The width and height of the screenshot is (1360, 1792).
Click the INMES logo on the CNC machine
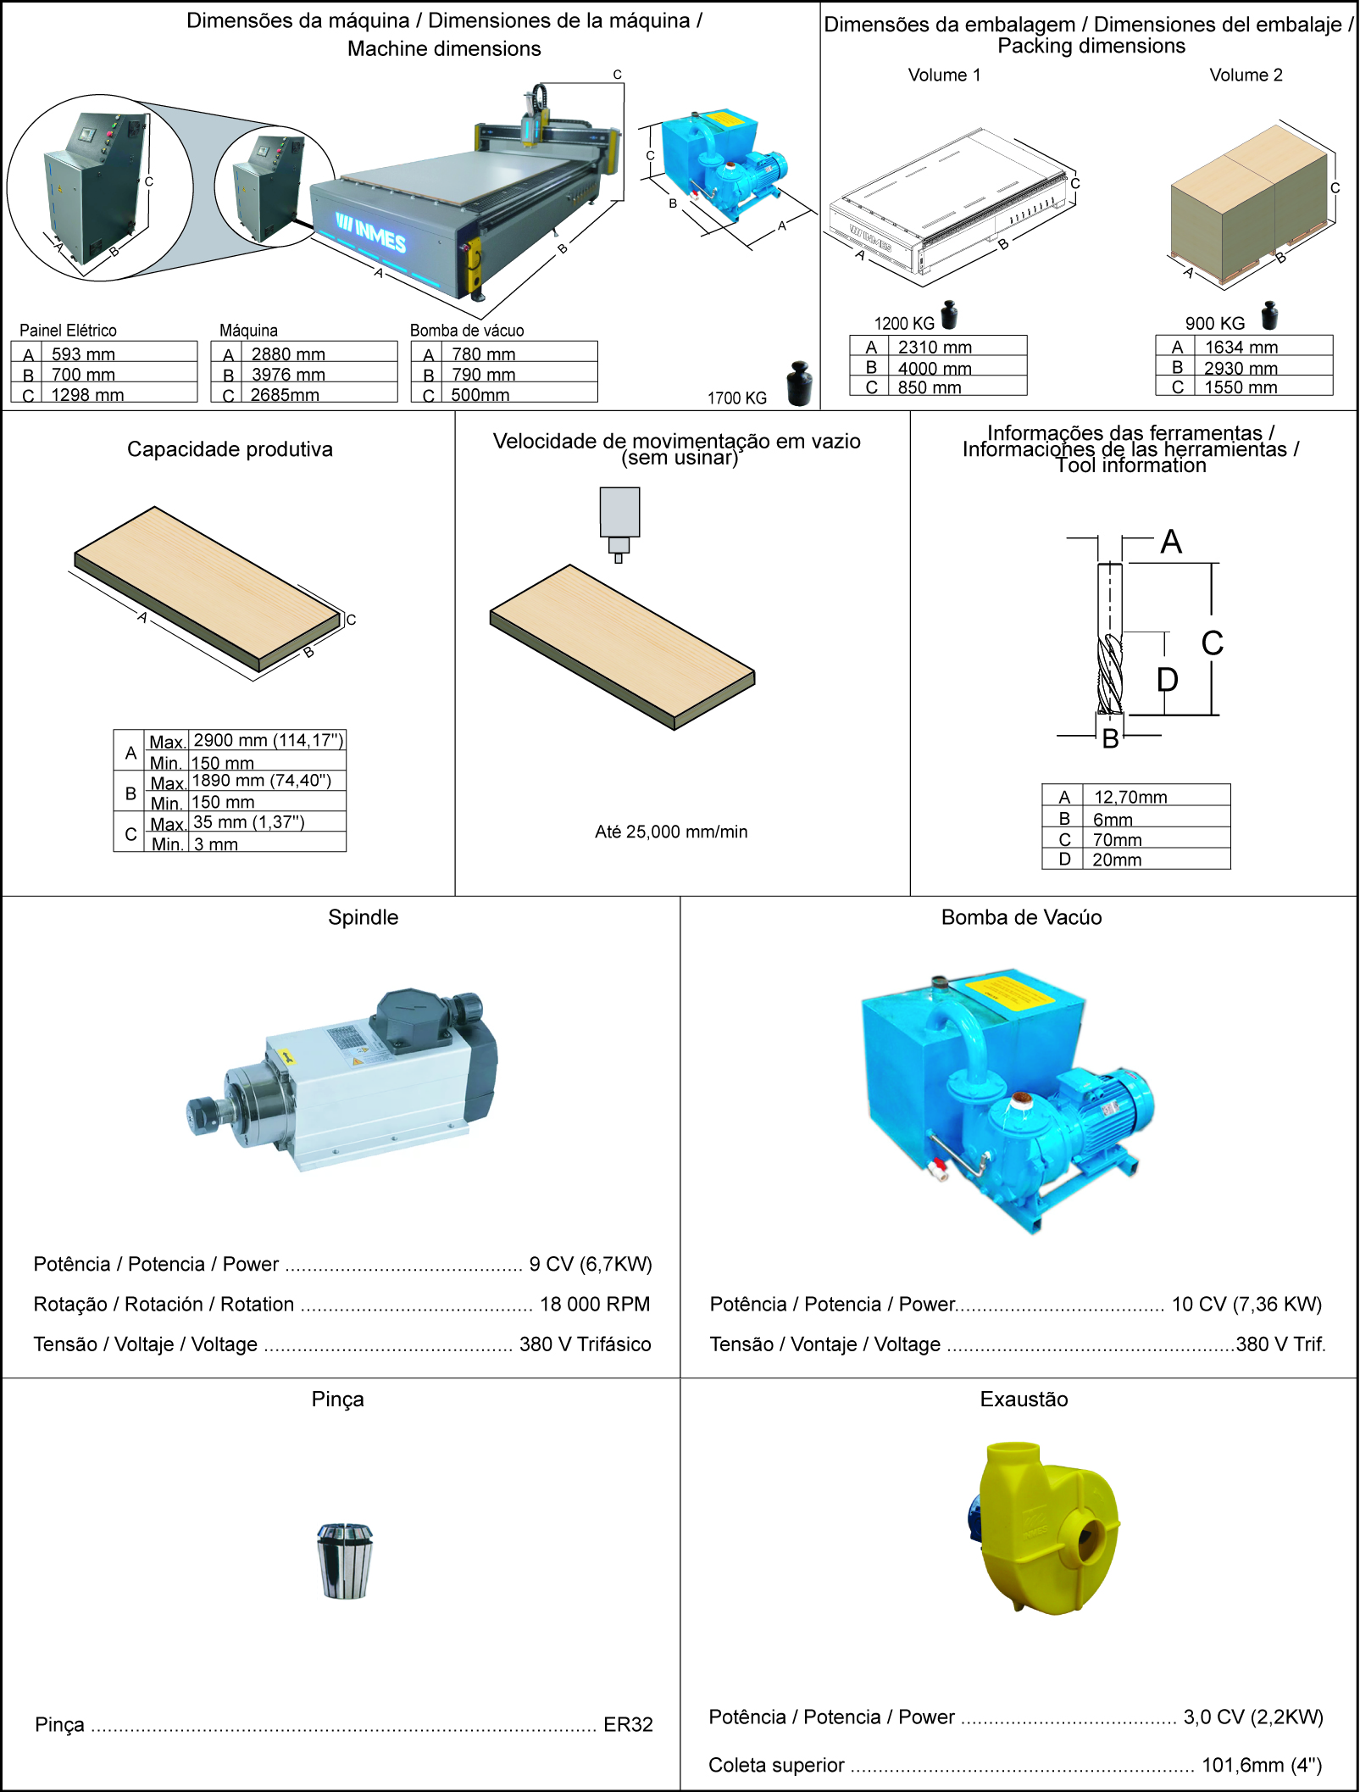tap(370, 232)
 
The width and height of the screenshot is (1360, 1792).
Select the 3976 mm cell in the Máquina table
tap(288, 374)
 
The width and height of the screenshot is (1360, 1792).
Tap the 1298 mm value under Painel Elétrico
tap(87, 395)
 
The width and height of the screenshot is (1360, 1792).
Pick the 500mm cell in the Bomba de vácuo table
tap(480, 395)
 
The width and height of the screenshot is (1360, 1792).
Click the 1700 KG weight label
tap(737, 398)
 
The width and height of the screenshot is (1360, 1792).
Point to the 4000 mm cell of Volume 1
tap(935, 368)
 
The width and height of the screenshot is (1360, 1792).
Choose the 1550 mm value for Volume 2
tap(1241, 387)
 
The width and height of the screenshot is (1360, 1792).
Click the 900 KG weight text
tap(1215, 323)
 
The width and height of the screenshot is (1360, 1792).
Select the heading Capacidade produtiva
tap(230, 449)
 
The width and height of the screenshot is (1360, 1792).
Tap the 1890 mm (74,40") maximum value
tap(261, 781)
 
